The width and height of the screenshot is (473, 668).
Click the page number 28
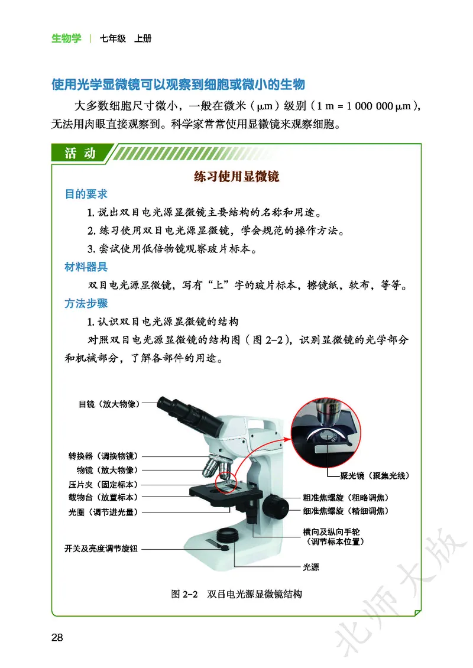(57, 637)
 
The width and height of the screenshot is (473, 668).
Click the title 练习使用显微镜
(237, 177)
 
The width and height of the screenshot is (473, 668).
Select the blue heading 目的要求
(86, 194)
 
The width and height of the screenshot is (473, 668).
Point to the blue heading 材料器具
(86, 267)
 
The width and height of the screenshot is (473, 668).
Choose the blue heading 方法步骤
(86, 304)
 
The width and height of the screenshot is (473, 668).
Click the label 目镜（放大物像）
(109, 405)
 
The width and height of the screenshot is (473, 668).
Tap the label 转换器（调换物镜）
(103, 456)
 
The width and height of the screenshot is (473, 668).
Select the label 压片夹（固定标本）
(103, 484)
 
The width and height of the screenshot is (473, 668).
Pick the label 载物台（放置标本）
(103, 497)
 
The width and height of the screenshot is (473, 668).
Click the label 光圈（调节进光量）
(103, 511)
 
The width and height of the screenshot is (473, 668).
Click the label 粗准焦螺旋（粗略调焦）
(346, 497)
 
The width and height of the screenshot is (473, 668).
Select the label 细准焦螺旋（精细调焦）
(346, 510)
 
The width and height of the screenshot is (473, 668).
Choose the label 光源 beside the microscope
(311, 566)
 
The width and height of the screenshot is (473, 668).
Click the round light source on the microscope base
(228, 536)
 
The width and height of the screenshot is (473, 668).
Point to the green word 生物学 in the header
(66, 39)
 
